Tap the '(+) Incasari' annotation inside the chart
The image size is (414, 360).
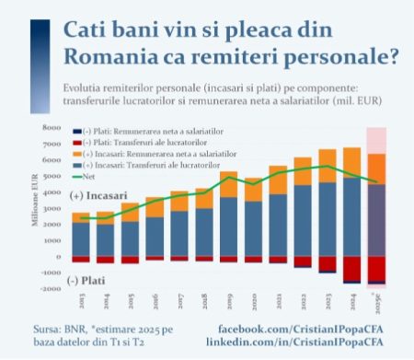[x=98, y=195]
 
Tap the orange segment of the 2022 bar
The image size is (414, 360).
[x=303, y=170]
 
